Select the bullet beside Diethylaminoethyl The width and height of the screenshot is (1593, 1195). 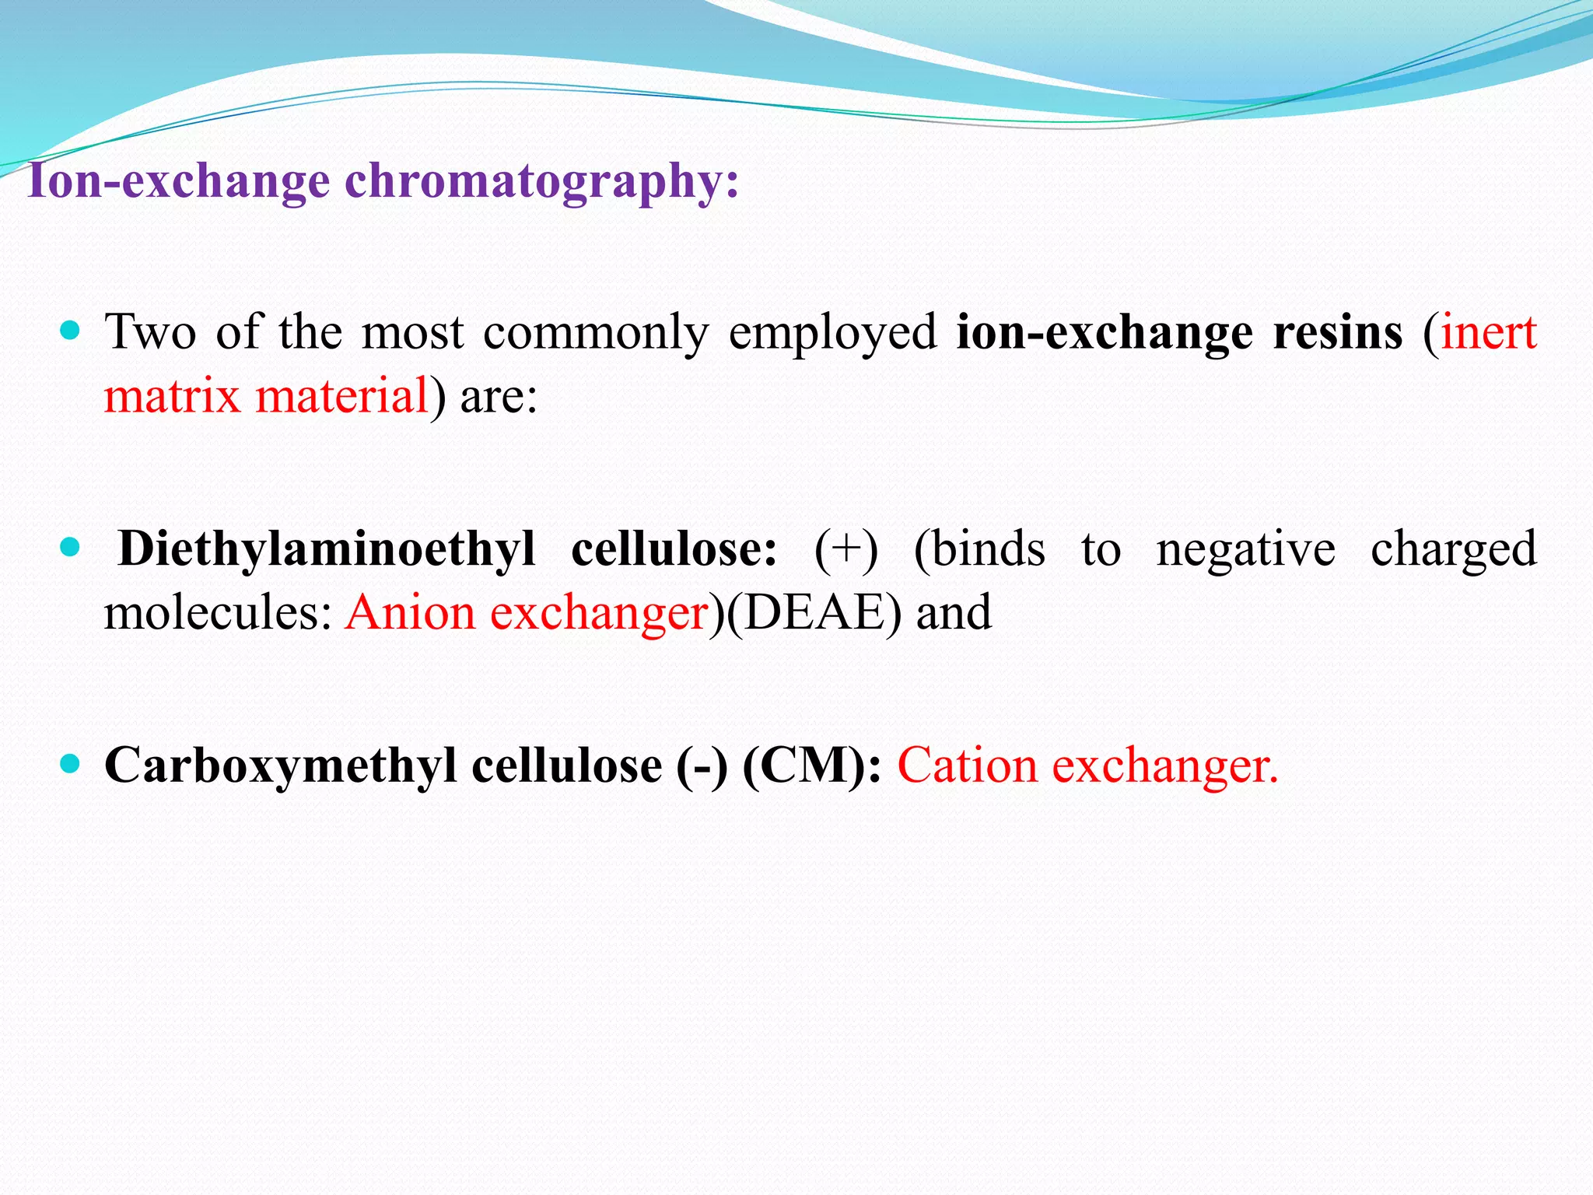(x=70, y=548)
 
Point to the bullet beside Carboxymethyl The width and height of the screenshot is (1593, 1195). (x=70, y=764)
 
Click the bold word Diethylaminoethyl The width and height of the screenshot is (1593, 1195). (x=327, y=549)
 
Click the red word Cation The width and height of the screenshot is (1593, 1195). (x=968, y=766)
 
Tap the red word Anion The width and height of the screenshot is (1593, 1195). (x=410, y=613)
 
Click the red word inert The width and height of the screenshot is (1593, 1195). (x=1489, y=333)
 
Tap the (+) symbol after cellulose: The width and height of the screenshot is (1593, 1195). (x=846, y=549)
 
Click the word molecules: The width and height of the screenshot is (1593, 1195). (x=219, y=613)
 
